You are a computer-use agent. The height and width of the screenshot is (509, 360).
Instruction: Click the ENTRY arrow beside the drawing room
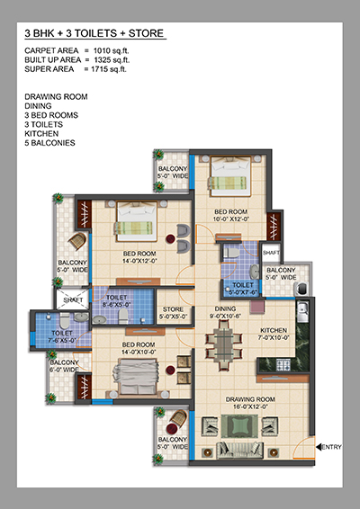(319, 447)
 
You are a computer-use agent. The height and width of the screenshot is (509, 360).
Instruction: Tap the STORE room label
(173, 309)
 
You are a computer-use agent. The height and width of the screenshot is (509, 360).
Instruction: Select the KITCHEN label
(274, 330)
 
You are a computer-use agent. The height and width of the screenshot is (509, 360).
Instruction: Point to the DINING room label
(225, 308)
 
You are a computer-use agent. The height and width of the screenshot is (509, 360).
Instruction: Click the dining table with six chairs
(224, 345)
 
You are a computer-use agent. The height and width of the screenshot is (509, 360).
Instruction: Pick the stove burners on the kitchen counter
(283, 365)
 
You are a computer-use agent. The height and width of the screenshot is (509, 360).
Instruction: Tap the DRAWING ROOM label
(250, 399)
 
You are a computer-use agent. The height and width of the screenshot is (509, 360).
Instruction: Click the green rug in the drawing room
(239, 425)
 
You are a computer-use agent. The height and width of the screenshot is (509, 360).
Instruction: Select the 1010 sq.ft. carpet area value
(111, 50)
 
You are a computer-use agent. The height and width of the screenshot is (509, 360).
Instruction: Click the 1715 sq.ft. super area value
(109, 69)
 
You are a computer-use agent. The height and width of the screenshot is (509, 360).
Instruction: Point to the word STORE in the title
(146, 33)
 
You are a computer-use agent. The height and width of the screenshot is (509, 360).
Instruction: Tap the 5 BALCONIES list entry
(49, 143)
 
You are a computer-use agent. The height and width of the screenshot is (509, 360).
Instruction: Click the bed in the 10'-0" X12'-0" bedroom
(230, 176)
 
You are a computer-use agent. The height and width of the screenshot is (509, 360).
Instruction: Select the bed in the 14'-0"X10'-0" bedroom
(136, 377)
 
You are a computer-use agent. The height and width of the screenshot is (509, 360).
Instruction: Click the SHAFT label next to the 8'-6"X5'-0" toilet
(73, 300)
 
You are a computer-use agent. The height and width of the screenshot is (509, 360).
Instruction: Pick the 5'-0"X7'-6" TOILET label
(243, 289)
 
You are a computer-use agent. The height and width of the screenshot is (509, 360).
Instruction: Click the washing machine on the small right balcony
(301, 289)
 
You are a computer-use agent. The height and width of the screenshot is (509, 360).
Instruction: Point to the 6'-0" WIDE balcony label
(64, 366)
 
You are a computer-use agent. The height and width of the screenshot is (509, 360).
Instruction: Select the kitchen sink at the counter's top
(302, 311)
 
